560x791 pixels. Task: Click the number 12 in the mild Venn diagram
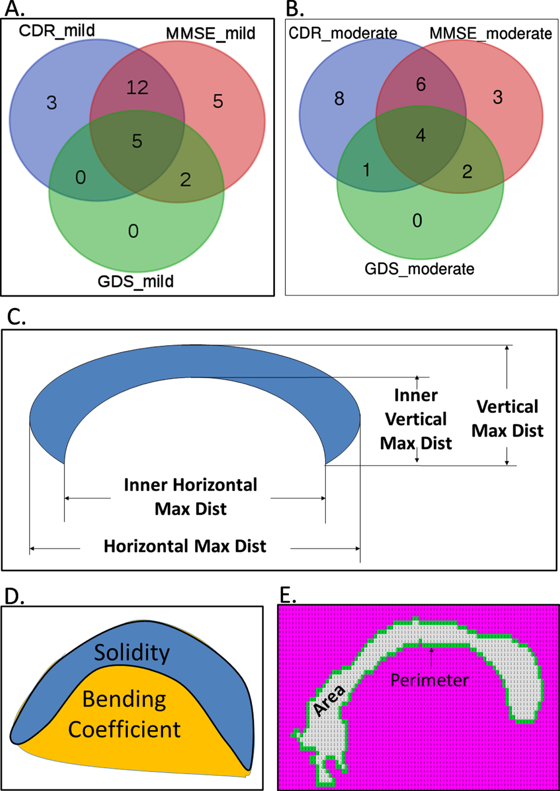(x=137, y=88)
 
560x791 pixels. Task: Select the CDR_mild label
(x=57, y=31)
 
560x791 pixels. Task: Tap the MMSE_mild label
(x=210, y=33)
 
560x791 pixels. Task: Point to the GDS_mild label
(x=136, y=281)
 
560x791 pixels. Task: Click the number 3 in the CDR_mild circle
(x=52, y=103)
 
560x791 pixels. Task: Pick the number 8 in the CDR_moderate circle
(x=339, y=99)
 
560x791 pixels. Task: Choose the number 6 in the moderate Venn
(x=421, y=85)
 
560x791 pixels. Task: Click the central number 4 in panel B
(x=420, y=135)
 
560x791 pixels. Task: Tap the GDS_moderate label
(x=419, y=269)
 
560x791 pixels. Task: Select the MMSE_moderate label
(x=491, y=33)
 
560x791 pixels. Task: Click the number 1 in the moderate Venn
(x=366, y=170)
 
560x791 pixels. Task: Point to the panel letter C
(x=16, y=317)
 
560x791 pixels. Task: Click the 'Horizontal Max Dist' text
(x=185, y=546)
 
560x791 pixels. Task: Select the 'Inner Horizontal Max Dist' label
(x=191, y=497)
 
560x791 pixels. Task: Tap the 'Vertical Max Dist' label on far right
(x=507, y=419)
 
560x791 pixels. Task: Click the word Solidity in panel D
(x=132, y=653)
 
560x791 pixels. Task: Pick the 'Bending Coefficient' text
(x=124, y=714)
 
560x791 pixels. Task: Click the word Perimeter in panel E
(x=429, y=680)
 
